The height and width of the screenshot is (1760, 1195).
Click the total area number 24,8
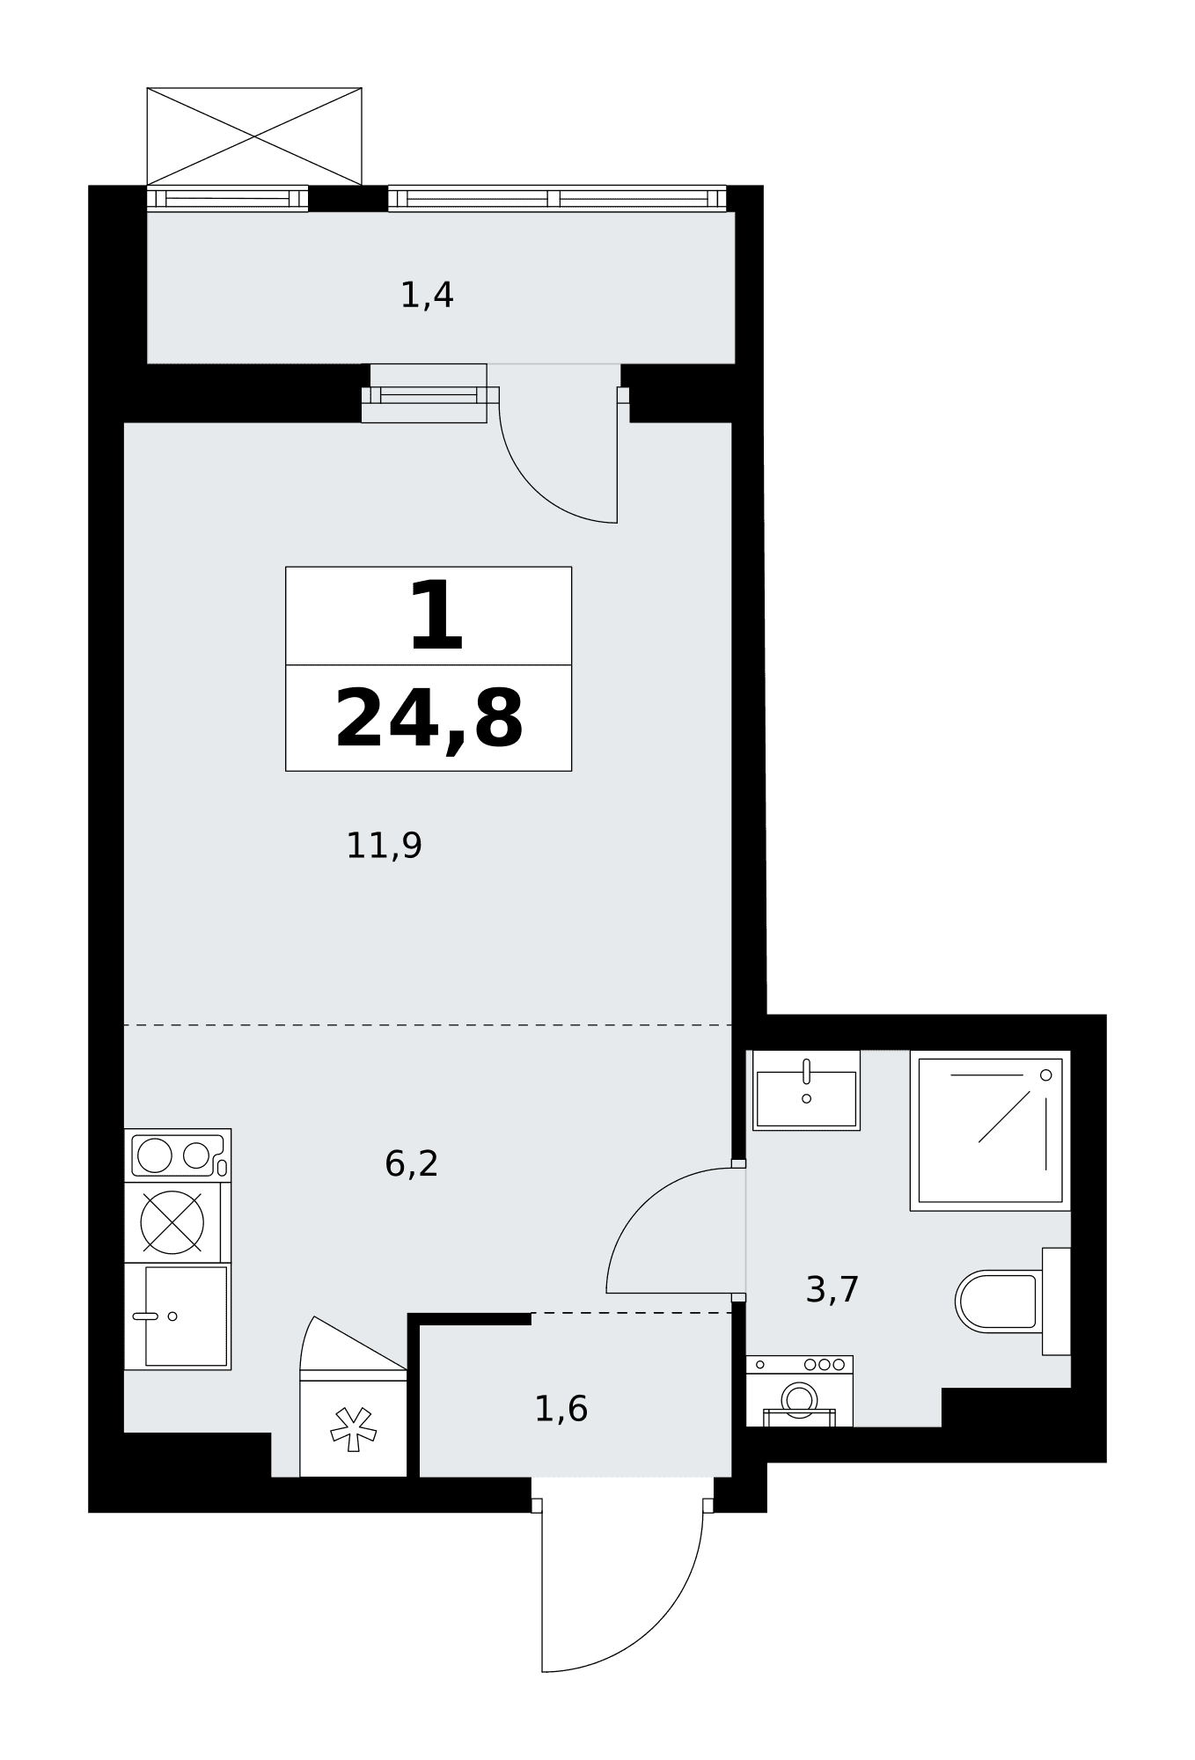(429, 721)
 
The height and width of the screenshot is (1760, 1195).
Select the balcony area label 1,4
(427, 295)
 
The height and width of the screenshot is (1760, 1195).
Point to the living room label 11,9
(384, 846)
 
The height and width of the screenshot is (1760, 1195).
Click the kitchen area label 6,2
(411, 1163)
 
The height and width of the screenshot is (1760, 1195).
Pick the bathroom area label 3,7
(832, 1290)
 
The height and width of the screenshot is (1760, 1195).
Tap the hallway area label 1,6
(561, 1409)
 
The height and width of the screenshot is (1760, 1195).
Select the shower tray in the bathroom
(990, 1130)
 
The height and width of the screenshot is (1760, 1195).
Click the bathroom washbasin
(806, 1090)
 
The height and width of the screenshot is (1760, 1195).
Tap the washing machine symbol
(799, 1391)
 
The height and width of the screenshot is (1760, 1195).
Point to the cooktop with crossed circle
(172, 1222)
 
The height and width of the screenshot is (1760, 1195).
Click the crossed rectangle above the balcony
(254, 136)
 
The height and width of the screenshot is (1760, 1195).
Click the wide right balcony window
(557, 199)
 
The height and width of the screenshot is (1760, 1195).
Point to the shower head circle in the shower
(1045, 1075)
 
